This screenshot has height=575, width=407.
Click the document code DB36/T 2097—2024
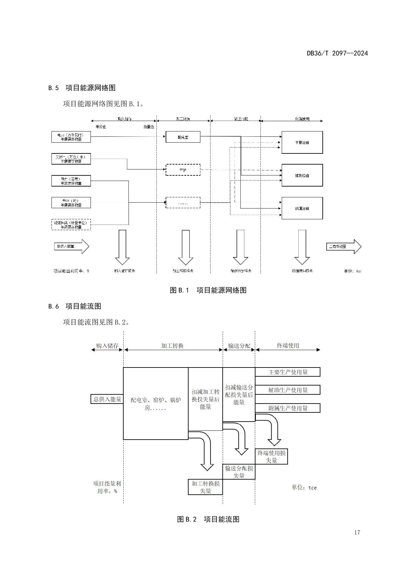pos(337,53)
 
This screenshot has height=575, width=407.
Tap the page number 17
pos(357,532)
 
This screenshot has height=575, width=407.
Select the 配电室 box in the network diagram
pos(183,137)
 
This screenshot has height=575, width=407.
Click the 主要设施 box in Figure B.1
pos(302,142)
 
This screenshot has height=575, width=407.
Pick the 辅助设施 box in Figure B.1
pos(302,175)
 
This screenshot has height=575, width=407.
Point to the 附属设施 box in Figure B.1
pos(302,208)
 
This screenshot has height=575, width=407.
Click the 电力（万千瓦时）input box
pos(71,137)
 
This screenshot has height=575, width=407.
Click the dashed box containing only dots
pos(183,203)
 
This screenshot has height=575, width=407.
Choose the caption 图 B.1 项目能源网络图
pos(208,290)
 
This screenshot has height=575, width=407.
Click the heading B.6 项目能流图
pos(75,306)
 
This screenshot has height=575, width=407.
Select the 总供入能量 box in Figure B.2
pos(107,399)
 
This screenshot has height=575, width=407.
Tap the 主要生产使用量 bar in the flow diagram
pos(288,372)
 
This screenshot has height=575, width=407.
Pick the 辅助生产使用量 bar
pos(288,390)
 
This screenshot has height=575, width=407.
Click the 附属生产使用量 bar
pos(288,408)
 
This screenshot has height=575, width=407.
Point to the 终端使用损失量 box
pos(271,457)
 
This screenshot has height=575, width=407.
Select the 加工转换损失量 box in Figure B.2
pos(205,487)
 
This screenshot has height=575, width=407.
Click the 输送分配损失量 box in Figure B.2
pos(239,472)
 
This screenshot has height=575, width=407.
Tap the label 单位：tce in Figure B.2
pos(304,487)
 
